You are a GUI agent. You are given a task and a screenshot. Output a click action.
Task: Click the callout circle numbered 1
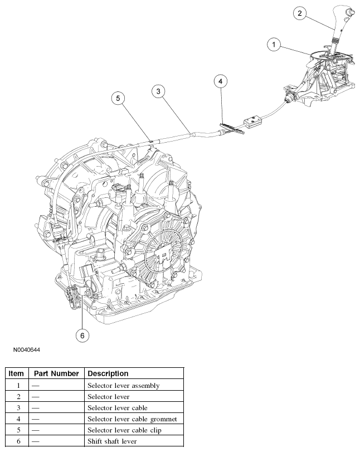(x=274, y=43)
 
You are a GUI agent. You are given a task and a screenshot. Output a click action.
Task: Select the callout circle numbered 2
(x=300, y=13)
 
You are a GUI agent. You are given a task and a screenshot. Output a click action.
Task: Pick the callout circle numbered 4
(x=221, y=81)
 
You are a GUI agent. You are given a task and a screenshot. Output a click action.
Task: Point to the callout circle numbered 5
(x=118, y=98)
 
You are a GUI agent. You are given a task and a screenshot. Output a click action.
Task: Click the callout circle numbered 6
(x=82, y=334)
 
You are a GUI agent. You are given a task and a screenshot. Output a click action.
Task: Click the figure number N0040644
(x=26, y=350)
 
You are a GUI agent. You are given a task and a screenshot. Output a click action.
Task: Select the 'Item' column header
(x=16, y=373)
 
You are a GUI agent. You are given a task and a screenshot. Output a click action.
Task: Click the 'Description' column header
(x=108, y=373)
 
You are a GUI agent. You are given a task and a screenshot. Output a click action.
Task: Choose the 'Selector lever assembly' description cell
(x=123, y=386)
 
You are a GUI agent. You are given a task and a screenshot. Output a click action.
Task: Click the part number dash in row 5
(x=35, y=430)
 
